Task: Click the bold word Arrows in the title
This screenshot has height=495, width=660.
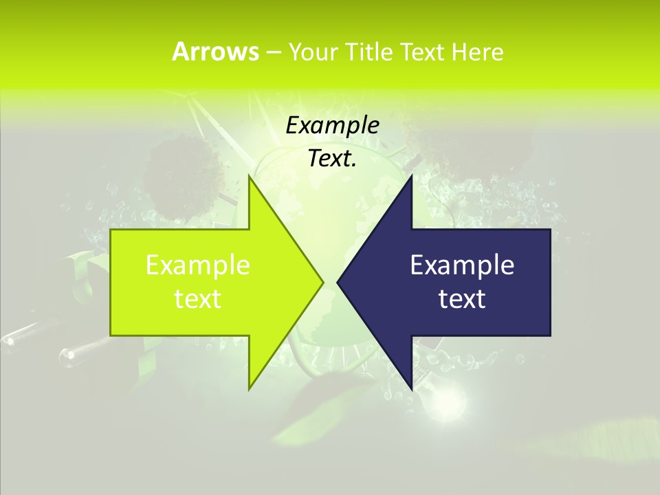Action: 214,52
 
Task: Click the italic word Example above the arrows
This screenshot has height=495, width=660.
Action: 332,125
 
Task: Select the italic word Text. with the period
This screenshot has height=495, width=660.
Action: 332,158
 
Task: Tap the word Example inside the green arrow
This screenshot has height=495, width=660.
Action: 198,265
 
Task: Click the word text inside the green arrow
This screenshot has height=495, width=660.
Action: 198,299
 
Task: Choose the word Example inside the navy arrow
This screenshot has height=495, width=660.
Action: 462,265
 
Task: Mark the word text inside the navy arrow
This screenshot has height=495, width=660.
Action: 462,299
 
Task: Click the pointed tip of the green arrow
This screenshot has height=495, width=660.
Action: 322,282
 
